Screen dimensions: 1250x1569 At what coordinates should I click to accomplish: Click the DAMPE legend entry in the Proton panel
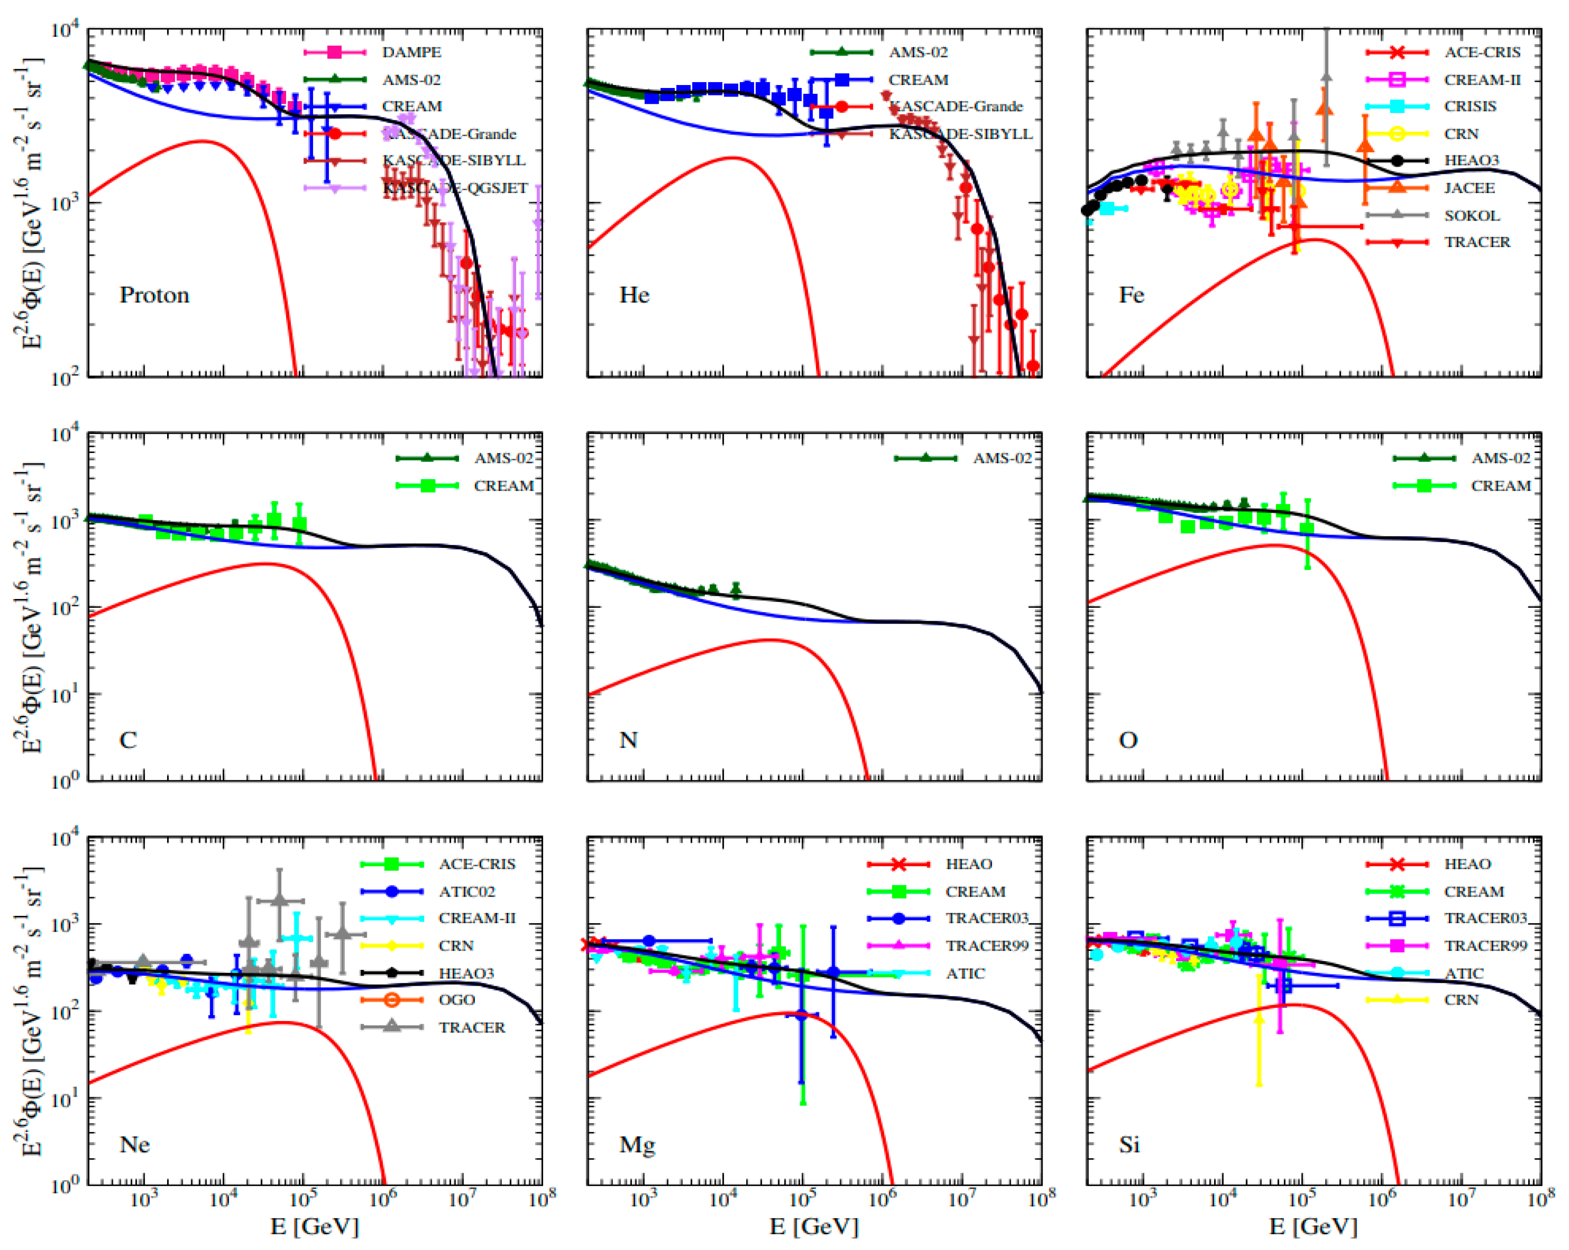[x=411, y=53]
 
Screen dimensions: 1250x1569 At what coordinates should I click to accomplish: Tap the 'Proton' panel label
[x=154, y=295]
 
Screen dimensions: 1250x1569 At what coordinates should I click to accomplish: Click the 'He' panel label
[x=634, y=295]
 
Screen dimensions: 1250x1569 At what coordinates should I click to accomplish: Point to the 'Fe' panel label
[x=1131, y=295]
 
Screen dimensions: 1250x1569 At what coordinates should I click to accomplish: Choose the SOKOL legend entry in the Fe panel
[x=1472, y=215]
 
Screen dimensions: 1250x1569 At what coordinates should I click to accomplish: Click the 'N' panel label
[x=628, y=740]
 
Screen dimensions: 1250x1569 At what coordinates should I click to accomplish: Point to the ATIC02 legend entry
[x=466, y=892]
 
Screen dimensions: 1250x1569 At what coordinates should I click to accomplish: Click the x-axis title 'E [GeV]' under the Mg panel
[x=814, y=1227]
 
